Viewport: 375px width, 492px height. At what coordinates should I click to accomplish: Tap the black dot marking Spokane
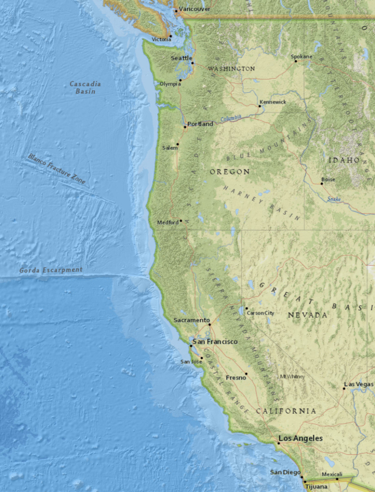click(x=296, y=61)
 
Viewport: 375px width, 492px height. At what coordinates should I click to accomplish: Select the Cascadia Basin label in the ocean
click(x=85, y=87)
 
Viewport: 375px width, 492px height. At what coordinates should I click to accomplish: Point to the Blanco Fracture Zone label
click(x=57, y=169)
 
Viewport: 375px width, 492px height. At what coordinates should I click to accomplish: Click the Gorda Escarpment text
click(x=51, y=270)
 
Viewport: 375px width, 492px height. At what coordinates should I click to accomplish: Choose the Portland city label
click(x=200, y=124)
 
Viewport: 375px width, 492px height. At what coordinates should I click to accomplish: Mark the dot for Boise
click(x=322, y=184)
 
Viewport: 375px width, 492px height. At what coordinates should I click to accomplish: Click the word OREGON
click(x=230, y=172)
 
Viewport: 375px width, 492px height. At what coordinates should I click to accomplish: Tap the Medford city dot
click(x=181, y=221)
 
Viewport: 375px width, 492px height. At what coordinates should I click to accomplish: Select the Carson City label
click(x=260, y=313)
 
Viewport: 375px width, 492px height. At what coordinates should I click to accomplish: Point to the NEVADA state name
click(x=307, y=315)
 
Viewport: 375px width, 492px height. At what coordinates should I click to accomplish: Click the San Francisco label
click(x=215, y=342)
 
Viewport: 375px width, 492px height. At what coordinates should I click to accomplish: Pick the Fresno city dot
click(x=246, y=373)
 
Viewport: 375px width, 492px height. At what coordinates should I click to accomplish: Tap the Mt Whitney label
click(x=292, y=377)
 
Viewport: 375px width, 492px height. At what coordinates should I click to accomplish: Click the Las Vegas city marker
click(x=344, y=388)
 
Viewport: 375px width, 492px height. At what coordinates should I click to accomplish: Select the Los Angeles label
click(x=301, y=439)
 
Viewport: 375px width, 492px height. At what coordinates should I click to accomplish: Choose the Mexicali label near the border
click(x=332, y=474)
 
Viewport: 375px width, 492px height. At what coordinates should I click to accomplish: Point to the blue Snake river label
click(x=334, y=198)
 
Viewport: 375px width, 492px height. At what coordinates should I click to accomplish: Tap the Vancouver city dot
click(x=176, y=11)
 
